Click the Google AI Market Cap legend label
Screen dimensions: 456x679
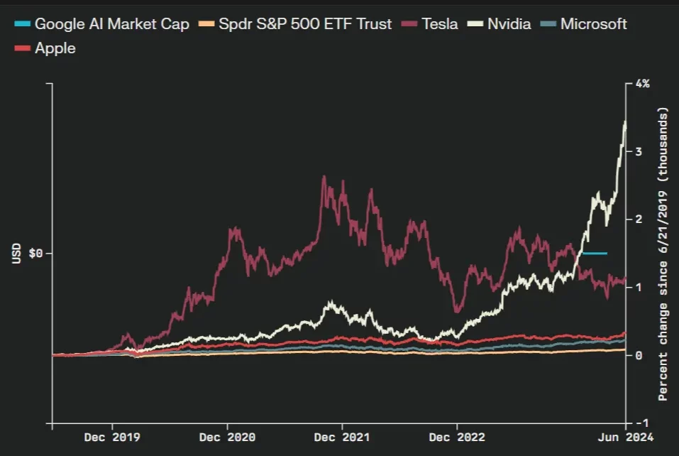point(111,24)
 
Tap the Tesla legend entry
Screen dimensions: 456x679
point(439,24)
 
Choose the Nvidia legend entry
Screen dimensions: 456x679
point(509,24)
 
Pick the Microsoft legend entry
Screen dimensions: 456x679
point(593,24)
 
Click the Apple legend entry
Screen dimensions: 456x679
point(55,48)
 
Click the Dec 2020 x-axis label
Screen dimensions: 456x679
point(228,437)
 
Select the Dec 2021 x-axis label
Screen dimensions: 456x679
point(343,437)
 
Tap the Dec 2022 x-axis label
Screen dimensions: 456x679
point(458,437)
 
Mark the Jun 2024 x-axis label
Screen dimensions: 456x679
point(625,437)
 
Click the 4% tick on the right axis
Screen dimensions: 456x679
point(642,84)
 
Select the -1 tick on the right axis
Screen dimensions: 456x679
point(640,423)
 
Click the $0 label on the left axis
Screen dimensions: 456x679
point(35,254)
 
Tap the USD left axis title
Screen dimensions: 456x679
point(17,254)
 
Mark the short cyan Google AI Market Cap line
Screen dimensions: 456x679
point(595,254)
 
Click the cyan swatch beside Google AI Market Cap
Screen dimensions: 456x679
point(22,24)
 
